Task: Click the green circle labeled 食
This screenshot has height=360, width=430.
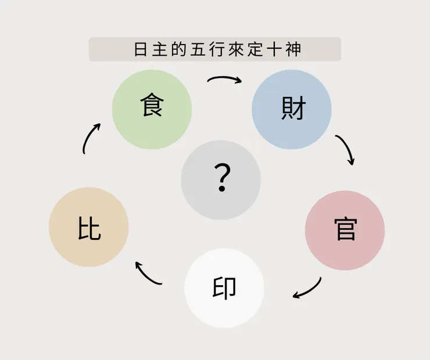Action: pos(152,109)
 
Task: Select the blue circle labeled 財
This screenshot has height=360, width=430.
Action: pos(292,109)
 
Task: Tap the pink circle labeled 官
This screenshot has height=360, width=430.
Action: pos(345,231)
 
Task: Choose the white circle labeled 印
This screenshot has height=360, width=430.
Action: pos(224,288)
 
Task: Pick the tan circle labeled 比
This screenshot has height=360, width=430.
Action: pos(88,227)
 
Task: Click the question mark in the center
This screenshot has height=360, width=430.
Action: pos(222,177)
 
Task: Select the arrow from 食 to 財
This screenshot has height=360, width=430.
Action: pos(225,78)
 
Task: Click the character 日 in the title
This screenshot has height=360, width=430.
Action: pos(141,49)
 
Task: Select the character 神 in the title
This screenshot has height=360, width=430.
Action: pos(293,49)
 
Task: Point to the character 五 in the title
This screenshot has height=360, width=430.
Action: pos(198,49)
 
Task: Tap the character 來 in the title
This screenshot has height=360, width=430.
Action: pos(236,49)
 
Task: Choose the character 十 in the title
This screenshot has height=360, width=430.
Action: pos(274,49)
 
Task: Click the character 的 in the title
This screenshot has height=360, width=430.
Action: pos(179,49)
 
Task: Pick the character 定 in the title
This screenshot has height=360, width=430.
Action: pos(255,49)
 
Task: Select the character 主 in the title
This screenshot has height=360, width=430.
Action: pos(160,49)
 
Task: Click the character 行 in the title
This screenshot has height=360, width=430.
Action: pos(217,49)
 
